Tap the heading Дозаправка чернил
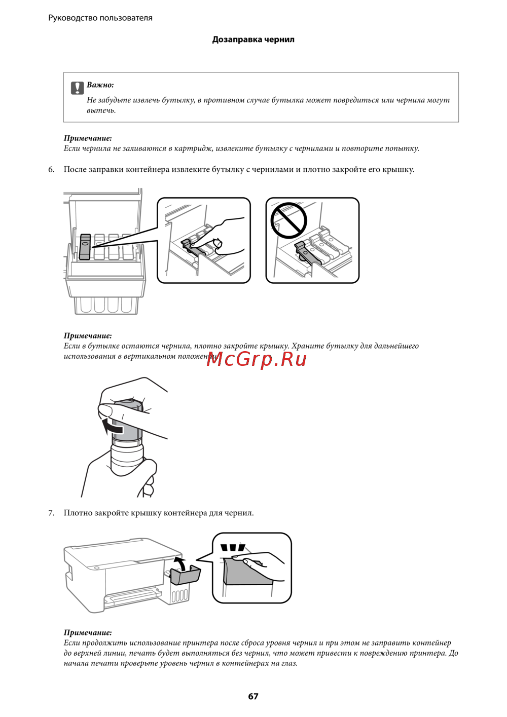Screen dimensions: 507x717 [x=253, y=40]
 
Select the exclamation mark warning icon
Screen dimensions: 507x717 [x=77, y=88]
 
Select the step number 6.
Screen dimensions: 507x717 [x=51, y=169]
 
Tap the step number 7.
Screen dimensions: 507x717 [x=51, y=513]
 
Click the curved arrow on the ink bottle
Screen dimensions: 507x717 [x=112, y=426]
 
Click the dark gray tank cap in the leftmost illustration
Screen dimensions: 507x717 [x=85, y=246]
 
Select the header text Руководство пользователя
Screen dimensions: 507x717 [x=100, y=18]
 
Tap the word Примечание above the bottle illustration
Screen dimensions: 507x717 [x=88, y=335]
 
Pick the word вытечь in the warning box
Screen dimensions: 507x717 [x=101, y=111]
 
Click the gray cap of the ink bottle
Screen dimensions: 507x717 [x=127, y=420]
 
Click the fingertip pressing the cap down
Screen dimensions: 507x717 [x=218, y=243]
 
